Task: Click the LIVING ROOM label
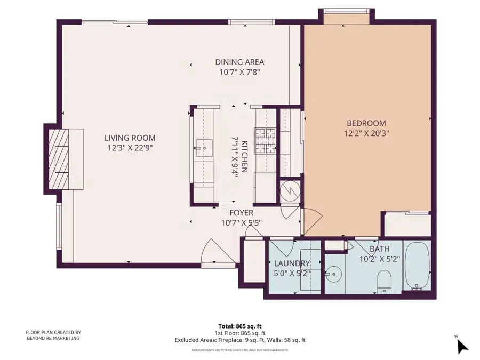(130, 138)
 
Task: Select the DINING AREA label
(239, 62)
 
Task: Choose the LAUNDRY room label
(291, 263)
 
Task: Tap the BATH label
(379, 249)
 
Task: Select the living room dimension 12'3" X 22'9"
(130, 148)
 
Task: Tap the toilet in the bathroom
(384, 281)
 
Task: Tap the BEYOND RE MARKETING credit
(53, 338)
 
